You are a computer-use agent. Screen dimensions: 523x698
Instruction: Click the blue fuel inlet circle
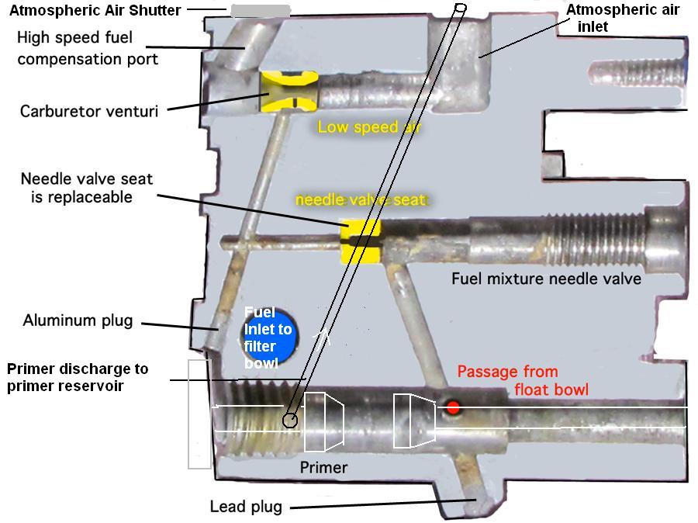pos(268,336)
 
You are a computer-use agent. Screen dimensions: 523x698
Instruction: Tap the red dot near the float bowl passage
pos(453,407)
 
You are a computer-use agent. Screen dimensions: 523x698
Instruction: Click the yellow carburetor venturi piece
pos(289,92)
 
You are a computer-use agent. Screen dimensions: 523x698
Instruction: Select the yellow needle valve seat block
pos(361,240)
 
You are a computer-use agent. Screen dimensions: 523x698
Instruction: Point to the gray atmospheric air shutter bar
pos(261,11)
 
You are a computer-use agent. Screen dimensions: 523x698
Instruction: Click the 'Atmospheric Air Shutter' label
pos(95,11)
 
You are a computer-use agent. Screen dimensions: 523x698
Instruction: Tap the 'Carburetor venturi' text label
pos(89,111)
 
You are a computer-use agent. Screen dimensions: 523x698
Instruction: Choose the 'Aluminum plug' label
pos(78,320)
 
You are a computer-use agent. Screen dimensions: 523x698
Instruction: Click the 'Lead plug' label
pos(246,507)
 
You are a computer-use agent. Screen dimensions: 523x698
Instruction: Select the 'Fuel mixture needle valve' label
pos(546,278)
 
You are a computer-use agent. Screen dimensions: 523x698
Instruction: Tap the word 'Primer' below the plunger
pos(323,468)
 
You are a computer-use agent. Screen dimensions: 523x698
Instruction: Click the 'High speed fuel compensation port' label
pos(87,48)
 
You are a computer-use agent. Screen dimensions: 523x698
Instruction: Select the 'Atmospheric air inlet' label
pos(623,18)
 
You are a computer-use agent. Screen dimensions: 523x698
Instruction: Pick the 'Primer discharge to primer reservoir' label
pos(78,377)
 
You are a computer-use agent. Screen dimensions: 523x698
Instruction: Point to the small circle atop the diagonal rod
pos(460,9)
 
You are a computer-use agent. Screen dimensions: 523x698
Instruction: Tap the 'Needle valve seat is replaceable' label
pos(86,188)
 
